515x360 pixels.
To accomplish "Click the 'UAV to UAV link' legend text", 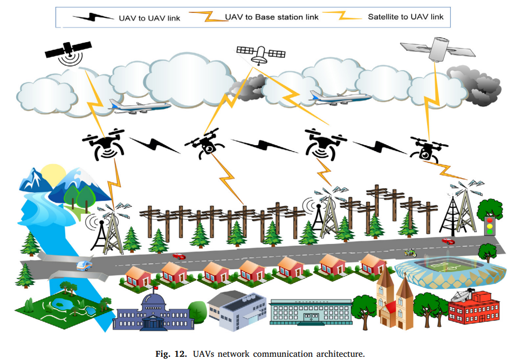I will [149, 18].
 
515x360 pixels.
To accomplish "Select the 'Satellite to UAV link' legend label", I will [406, 17].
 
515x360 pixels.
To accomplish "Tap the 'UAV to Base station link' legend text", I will [271, 17].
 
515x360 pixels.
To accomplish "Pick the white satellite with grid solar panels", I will [261, 53].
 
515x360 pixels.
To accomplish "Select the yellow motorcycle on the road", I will [410, 252].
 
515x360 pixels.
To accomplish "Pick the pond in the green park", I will [58, 306].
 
